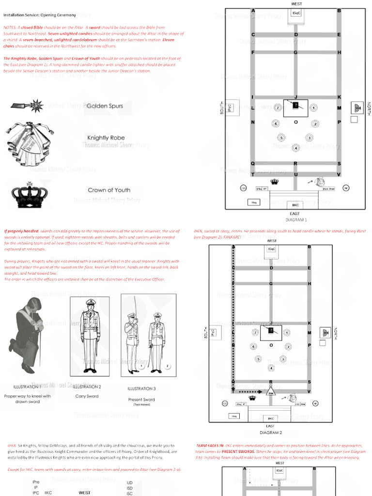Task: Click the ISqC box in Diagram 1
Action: (295, 14)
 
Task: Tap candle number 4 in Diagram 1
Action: (295, 147)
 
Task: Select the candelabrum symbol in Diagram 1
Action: (357, 108)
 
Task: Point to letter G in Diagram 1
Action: (295, 52)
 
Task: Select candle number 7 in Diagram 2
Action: (255, 333)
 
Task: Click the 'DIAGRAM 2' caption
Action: (270, 433)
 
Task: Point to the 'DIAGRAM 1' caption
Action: (295, 219)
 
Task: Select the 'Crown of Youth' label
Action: (109, 190)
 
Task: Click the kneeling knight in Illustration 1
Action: (26, 334)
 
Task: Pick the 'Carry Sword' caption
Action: (87, 396)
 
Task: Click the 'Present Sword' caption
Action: (141, 400)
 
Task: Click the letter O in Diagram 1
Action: (295, 122)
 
